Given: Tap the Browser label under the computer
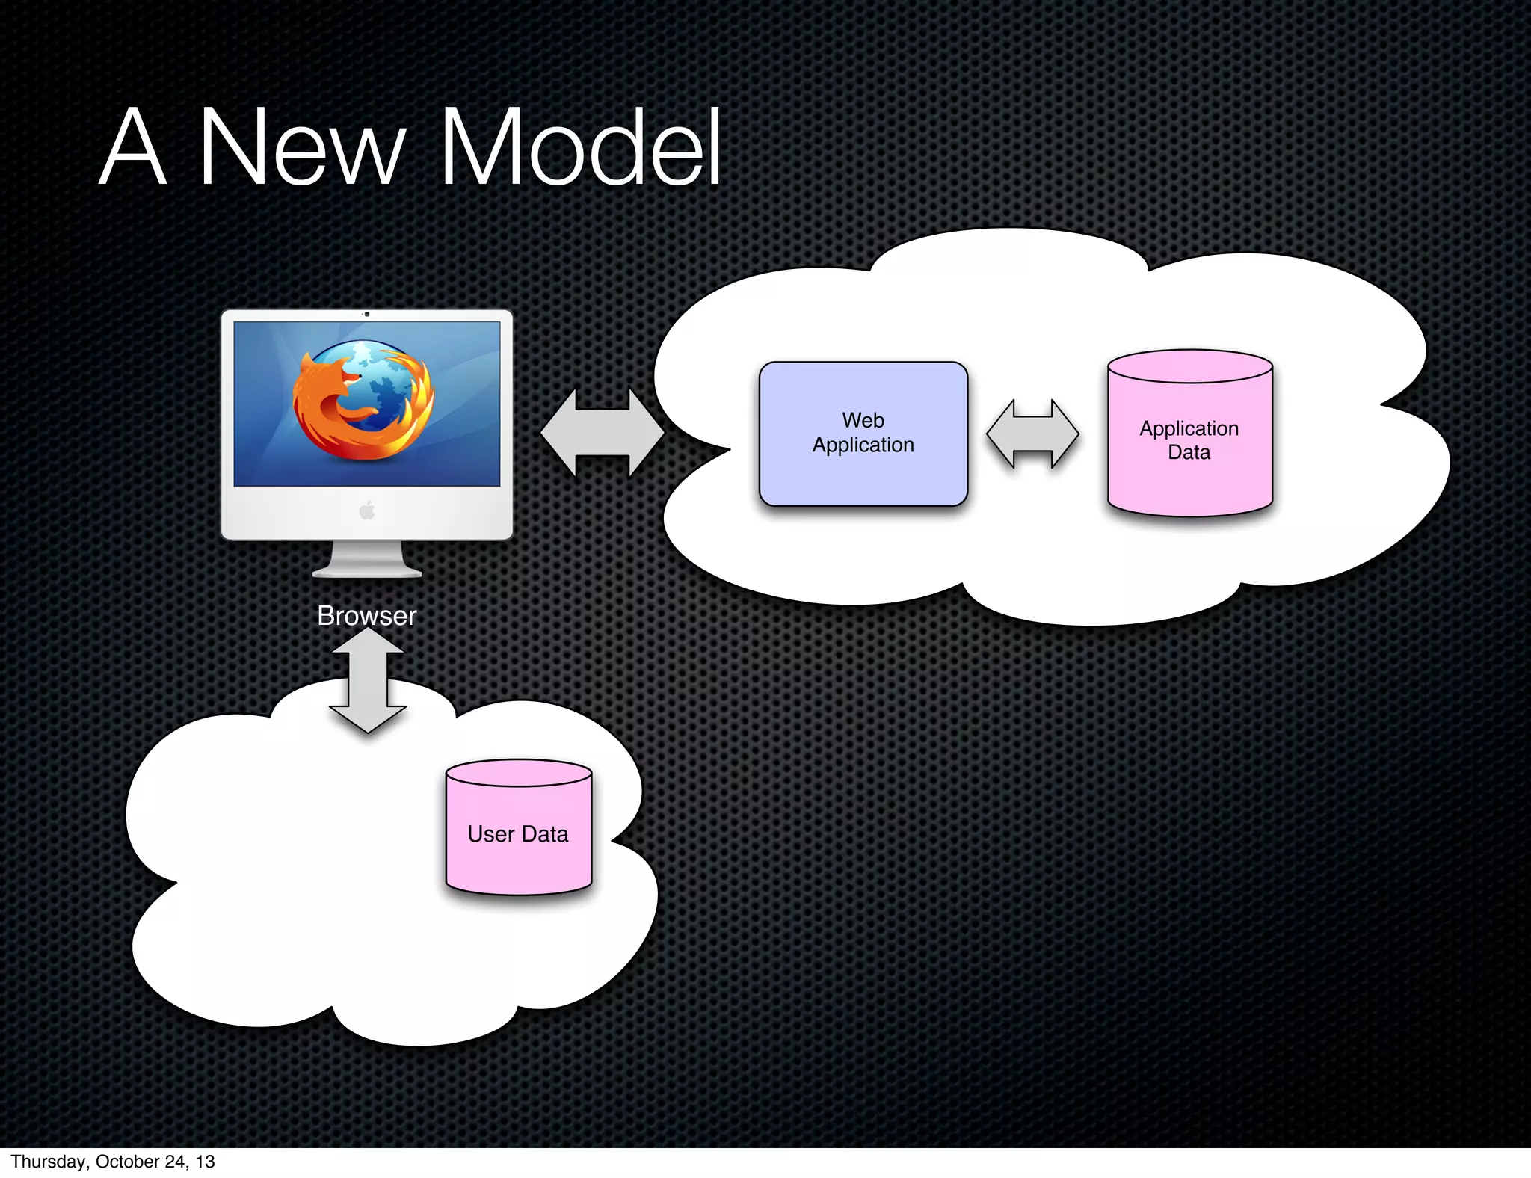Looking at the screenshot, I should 366,616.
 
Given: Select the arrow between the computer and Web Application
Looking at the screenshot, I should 602,432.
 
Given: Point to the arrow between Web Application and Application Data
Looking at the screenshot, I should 1032,434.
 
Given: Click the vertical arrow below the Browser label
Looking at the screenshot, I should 368,680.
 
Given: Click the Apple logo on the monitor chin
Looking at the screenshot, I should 366,511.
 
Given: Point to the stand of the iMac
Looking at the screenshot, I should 366,561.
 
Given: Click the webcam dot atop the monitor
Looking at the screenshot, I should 366,315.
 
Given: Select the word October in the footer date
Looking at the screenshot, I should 127,1162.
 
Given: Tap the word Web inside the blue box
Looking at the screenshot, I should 863,420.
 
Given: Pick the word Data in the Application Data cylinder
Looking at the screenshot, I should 1189,452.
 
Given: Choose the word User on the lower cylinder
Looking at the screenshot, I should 490,834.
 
